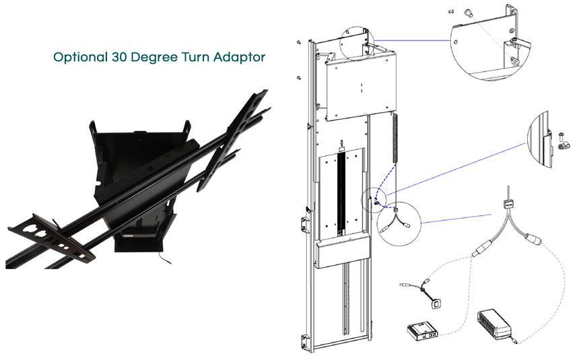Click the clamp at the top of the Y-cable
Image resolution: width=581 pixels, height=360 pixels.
(506, 204)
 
